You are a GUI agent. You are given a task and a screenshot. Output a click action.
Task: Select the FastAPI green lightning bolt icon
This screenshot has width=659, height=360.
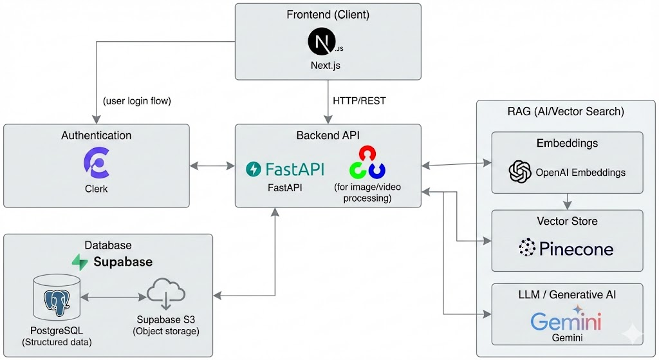(x=254, y=169)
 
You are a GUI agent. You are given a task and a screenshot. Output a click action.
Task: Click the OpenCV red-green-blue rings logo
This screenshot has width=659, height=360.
(x=367, y=163)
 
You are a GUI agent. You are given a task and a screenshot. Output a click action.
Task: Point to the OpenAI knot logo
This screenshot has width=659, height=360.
(x=520, y=172)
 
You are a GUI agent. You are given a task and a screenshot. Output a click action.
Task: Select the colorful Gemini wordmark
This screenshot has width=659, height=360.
(x=566, y=320)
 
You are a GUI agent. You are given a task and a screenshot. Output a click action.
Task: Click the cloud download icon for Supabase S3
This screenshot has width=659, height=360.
(x=166, y=295)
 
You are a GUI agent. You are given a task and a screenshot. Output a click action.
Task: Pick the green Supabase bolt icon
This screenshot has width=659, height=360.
(x=80, y=261)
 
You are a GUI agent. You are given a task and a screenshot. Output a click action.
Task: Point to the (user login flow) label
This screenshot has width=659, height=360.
(x=136, y=101)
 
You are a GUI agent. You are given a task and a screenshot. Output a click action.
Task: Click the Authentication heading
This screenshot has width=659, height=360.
(x=96, y=135)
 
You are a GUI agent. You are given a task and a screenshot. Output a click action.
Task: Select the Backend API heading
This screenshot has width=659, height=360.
(x=328, y=135)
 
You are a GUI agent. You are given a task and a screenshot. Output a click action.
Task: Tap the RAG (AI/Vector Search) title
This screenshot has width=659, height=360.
(x=566, y=111)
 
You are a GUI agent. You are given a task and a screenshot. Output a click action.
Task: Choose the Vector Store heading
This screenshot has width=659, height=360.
(x=566, y=221)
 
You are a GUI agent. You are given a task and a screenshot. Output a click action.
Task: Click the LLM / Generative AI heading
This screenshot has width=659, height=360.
(x=566, y=294)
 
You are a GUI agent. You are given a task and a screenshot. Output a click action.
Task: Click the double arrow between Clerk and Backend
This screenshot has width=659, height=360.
(x=212, y=166)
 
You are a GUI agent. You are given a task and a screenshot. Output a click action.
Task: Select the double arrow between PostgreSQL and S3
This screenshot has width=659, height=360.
(x=112, y=298)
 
